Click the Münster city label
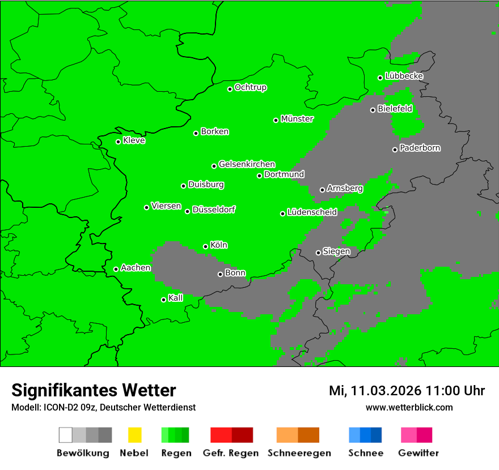coord(297,119)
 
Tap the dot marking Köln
coord(206,246)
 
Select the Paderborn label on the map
coord(420,148)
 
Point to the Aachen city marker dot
coord(116,269)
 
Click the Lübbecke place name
coord(404,76)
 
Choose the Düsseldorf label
coord(214,210)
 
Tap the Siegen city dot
coord(318,253)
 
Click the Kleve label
coord(134,140)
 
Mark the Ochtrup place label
coord(251,87)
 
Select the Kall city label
coord(176,298)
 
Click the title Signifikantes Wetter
coord(94,390)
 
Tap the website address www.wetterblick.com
coord(409,407)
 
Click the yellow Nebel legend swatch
coord(134,435)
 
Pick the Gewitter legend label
coord(418,453)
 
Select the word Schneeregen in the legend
coord(299,453)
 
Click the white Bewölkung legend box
coord(66,435)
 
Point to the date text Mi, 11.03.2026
coord(375,391)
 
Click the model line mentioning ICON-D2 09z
coord(103,407)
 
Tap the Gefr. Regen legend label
coord(230,453)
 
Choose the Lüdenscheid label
coord(312,212)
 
